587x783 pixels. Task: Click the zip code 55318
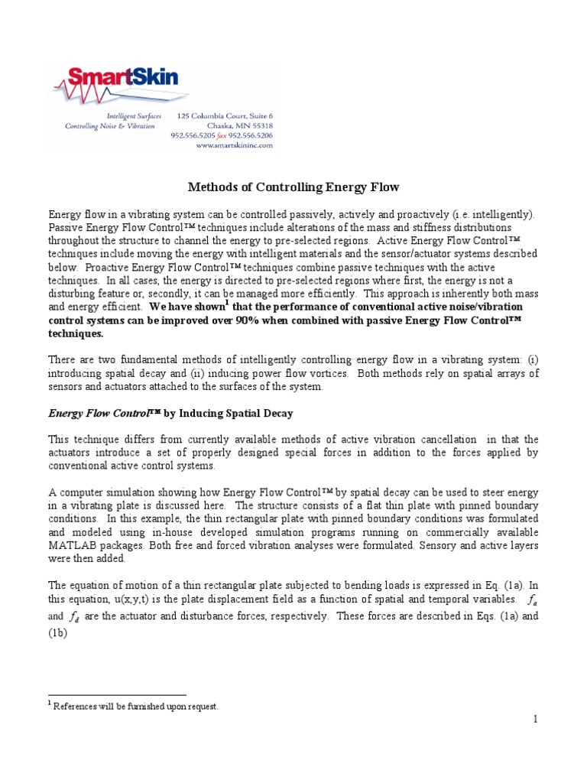click(x=258, y=125)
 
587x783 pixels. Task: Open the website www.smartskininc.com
click(x=234, y=145)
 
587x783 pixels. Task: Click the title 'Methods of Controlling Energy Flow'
click(x=293, y=187)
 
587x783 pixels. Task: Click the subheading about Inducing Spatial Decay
click(x=170, y=413)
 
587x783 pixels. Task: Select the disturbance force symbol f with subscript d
click(x=74, y=616)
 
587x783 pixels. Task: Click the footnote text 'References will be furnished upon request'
click(x=135, y=707)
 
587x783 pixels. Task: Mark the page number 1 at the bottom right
click(x=536, y=719)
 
